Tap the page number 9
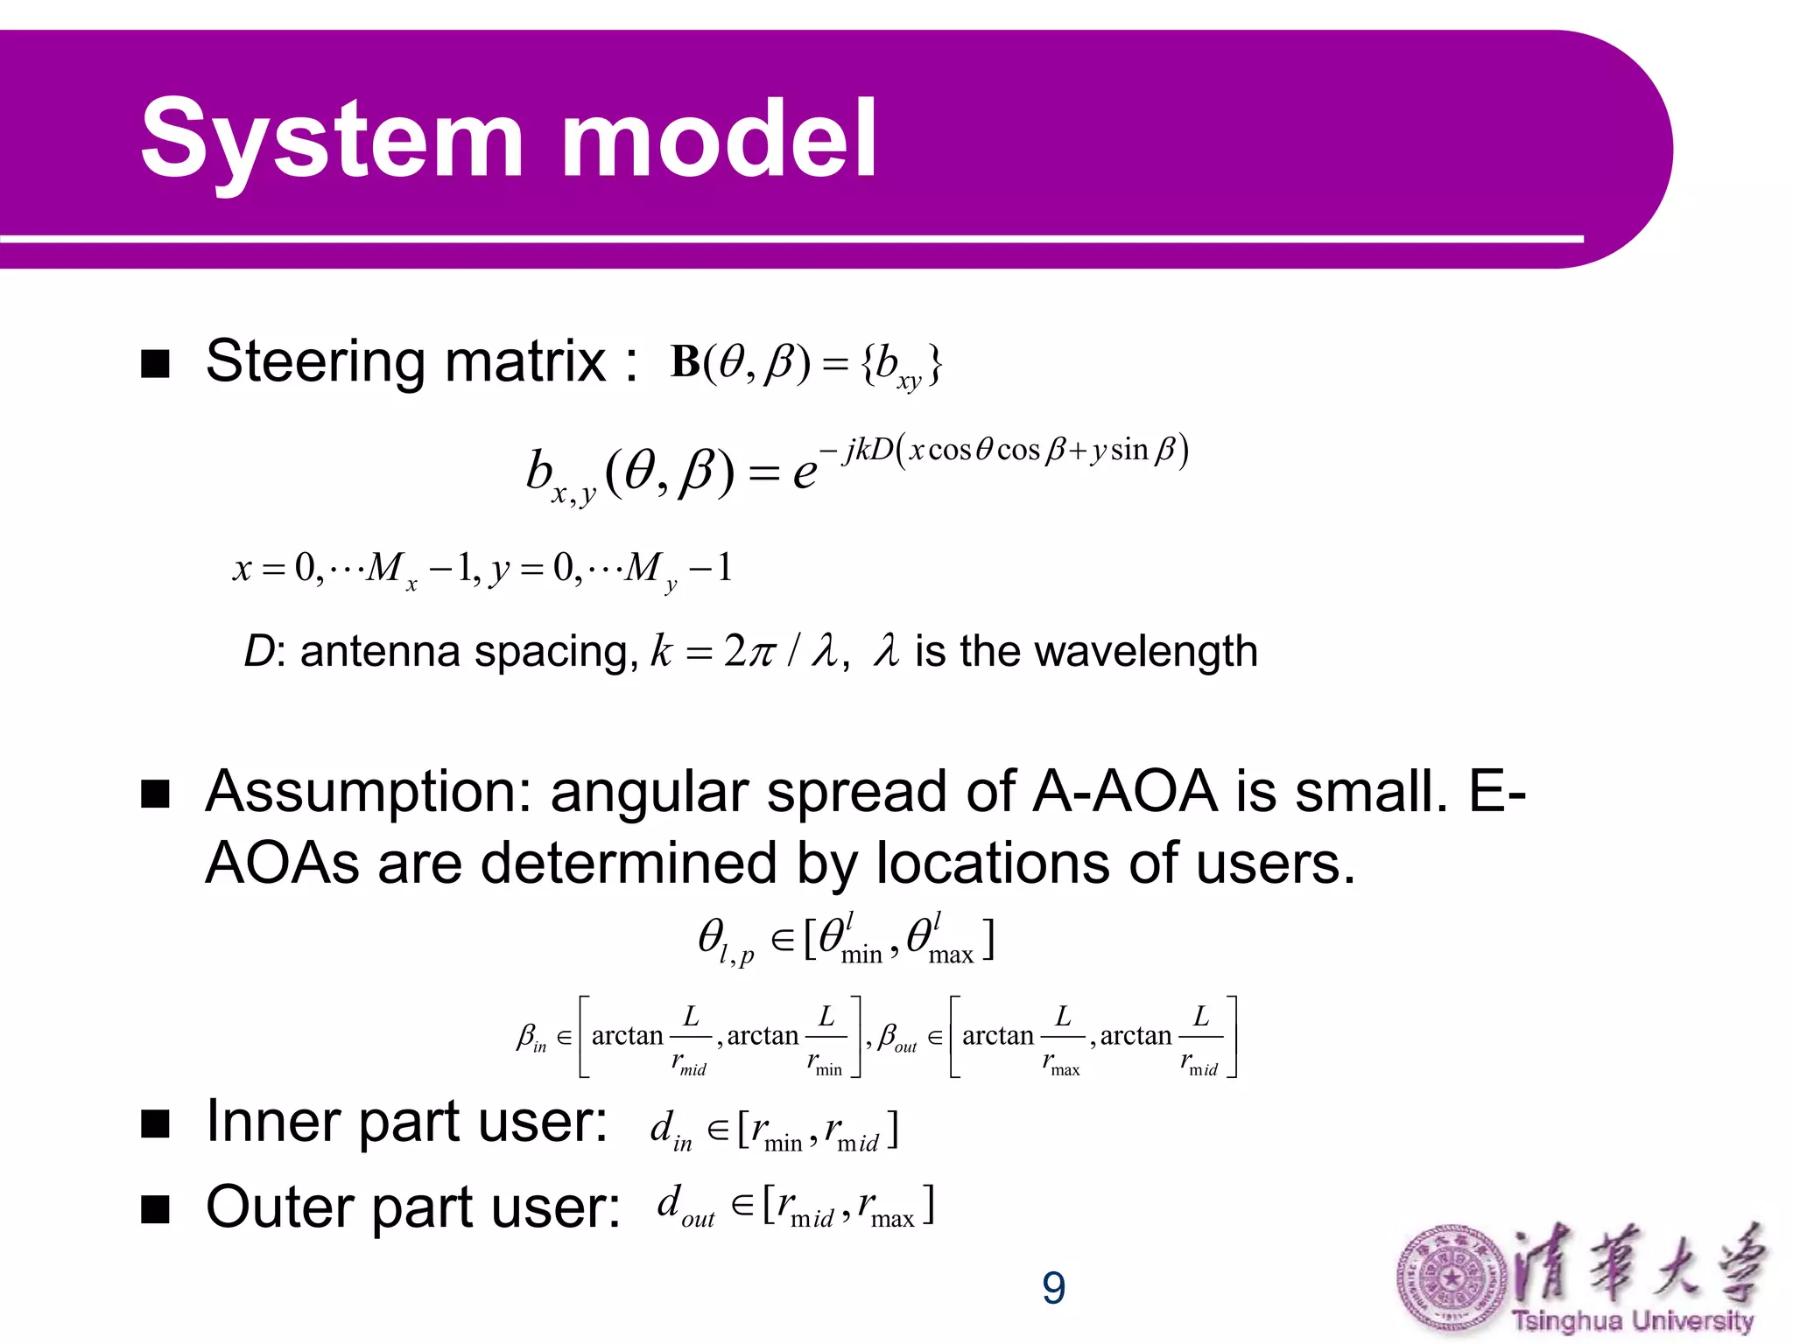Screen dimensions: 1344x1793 point(1053,1288)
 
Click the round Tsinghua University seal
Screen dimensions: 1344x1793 point(1450,1279)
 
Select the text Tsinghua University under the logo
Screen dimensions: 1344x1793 point(1633,1320)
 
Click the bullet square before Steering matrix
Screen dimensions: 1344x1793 point(155,364)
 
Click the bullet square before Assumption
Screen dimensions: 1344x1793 point(155,794)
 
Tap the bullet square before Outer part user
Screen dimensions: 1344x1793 point(155,1210)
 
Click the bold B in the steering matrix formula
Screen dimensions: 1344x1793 point(686,362)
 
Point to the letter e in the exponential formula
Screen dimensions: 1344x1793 point(804,473)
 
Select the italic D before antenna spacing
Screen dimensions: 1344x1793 point(259,652)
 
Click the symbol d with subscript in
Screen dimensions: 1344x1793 point(669,1130)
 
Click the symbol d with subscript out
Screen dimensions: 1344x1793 point(683,1207)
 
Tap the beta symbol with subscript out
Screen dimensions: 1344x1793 point(895,1038)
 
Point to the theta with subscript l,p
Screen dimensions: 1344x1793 point(723,941)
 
